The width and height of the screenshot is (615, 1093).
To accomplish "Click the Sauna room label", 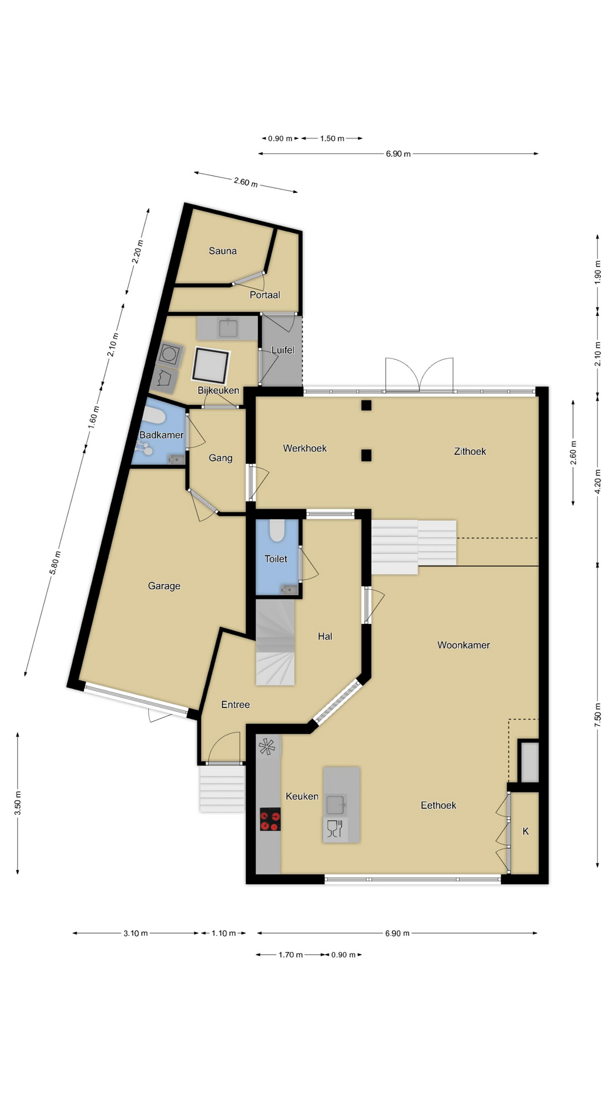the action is click(x=223, y=251).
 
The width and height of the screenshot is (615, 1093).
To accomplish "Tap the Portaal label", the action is click(x=265, y=295).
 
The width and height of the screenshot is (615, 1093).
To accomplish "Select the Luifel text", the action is click(x=283, y=350).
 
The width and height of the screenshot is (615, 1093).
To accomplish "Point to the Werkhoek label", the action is click(x=305, y=449).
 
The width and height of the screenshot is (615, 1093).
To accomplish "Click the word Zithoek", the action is click(x=470, y=451).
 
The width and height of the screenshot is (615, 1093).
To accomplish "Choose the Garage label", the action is click(x=164, y=586).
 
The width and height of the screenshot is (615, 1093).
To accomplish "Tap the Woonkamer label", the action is click(x=464, y=645).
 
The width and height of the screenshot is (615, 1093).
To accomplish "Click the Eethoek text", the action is click(x=438, y=805).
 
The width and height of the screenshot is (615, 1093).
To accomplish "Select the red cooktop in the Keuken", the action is click(x=270, y=820).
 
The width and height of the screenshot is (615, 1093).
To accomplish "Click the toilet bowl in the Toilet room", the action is click(x=277, y=530).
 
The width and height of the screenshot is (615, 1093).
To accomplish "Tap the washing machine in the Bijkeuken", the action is click(x=170, y=355).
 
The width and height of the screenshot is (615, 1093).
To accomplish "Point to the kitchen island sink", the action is click(x=335, y=805).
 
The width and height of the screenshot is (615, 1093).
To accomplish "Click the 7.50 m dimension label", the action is click(x=597, y=715).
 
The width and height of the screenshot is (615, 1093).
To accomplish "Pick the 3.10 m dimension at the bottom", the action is click(x=136, y=933).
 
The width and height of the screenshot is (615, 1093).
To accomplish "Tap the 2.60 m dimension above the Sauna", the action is click(x=245, y=182).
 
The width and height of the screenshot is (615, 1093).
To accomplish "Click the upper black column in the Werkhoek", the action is click(x=366, y=405).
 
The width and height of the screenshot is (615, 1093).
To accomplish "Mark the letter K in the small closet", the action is click(x=526, y=831).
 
